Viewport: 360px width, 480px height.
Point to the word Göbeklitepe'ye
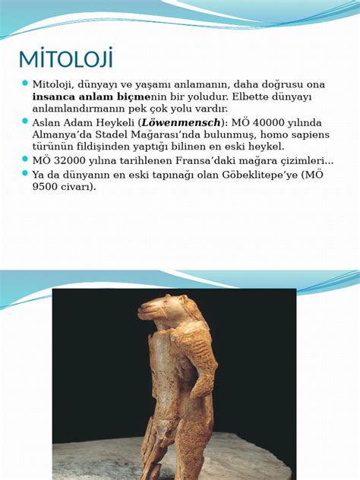tap(263, 175)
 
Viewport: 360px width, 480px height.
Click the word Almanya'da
tap(58, 135)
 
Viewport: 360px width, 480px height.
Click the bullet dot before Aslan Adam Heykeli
tap(24, 122)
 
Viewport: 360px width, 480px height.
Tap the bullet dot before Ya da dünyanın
tap(24, 173)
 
